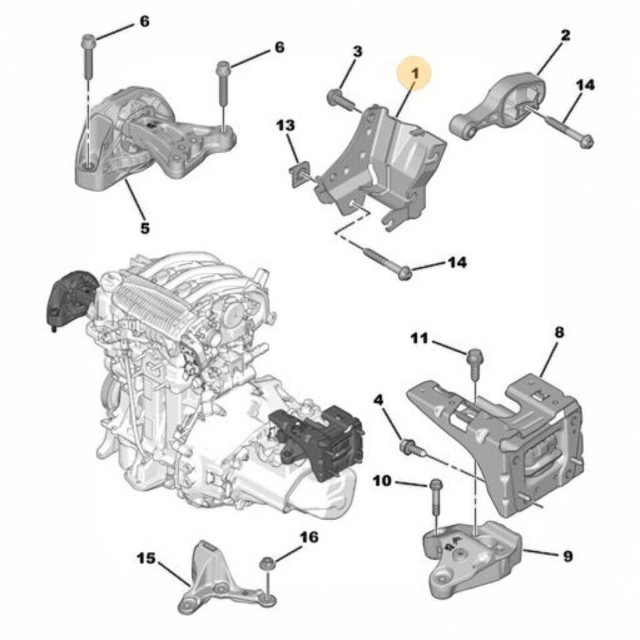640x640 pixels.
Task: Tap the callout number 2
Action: pos(565,35)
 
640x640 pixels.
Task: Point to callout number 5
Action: pos(145,228)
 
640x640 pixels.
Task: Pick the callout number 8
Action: pos(559,331)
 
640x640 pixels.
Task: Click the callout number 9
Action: pos(567,555)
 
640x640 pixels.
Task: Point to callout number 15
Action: pos(148,557)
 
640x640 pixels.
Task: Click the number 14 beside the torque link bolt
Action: pos(585,85)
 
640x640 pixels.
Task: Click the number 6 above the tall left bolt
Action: pos(144,22)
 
